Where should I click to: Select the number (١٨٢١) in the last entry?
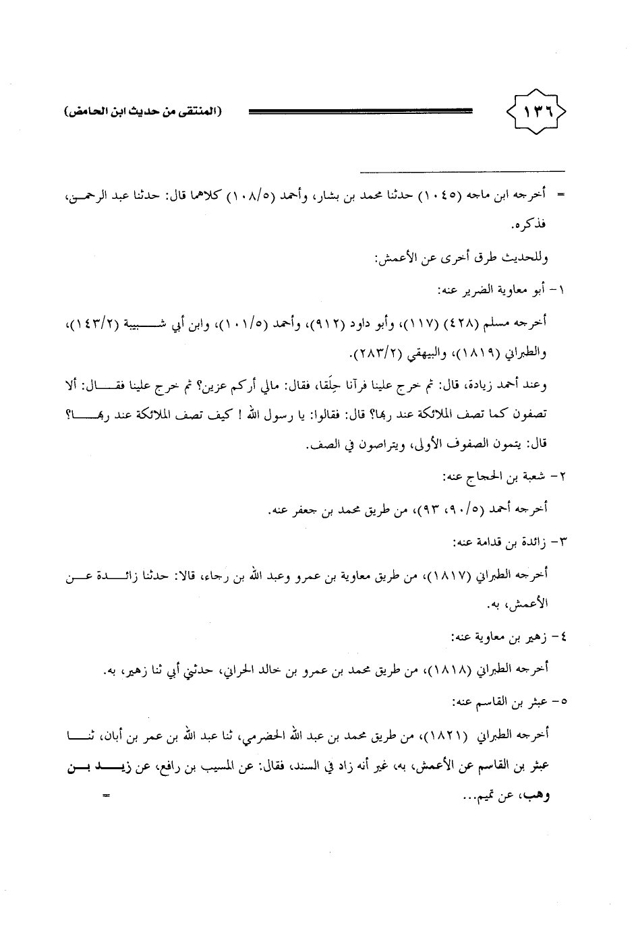click(x=447, y=733)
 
